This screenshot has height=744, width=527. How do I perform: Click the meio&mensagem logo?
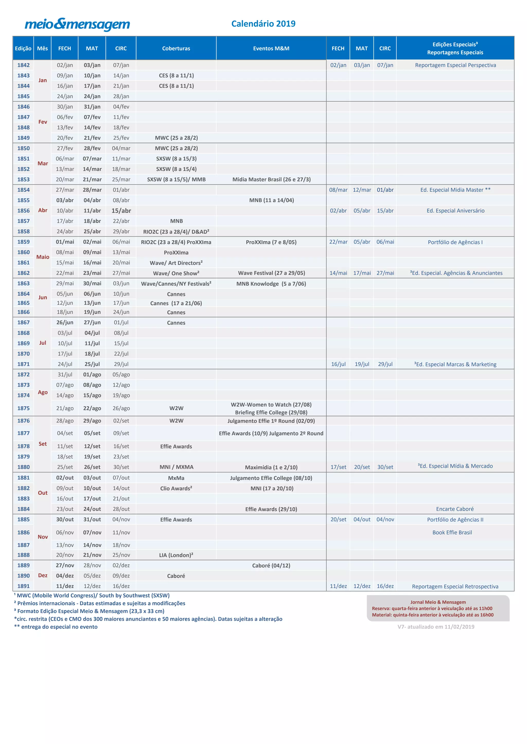click(77, 24)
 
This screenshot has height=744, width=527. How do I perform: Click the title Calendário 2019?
click(263, 24)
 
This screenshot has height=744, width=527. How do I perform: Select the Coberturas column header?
click(176, 48)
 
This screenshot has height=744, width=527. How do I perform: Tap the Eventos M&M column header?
click(271, 48)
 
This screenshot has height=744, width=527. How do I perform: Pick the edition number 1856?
click(23, 211)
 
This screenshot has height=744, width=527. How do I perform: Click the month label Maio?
click(42, 257)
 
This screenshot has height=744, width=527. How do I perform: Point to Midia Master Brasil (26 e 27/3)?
click(271, 180)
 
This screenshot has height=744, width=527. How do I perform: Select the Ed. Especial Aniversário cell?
click(455, 211)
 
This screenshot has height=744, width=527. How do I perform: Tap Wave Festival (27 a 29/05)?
click(271, 273)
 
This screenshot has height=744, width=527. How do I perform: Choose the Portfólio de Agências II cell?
click(455, 519)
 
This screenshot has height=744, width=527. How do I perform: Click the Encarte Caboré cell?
click(455, 509)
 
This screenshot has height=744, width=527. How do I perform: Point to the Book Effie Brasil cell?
click(452, 532)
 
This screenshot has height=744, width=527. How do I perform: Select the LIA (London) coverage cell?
click(176, 555)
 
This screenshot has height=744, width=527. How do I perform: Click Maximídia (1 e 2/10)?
click(271, 467)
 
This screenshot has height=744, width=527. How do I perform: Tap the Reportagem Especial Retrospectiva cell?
click(455, 587)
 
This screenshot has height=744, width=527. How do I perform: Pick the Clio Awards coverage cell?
click(176, 488)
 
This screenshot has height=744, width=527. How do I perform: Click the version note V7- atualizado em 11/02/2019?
click(436, 627)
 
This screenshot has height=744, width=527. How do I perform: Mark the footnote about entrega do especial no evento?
click(56, 627)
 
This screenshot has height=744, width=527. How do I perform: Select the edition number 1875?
click(23, 408)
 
